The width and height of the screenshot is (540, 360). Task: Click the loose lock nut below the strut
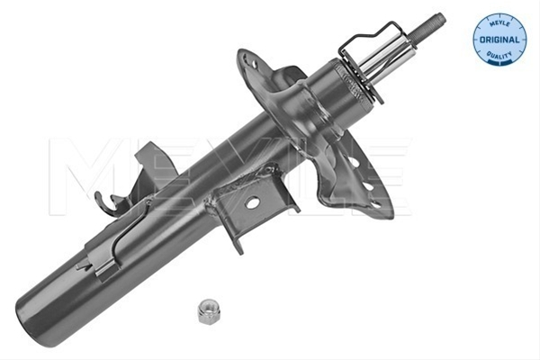[x=209, y=311]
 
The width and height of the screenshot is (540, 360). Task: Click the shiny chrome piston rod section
[x=386, y=59]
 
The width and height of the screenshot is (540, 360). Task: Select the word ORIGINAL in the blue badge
[x=499, y=40]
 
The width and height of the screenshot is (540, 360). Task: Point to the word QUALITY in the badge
[x=499, y=55]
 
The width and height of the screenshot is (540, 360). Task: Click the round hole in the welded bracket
[x=252, y=202]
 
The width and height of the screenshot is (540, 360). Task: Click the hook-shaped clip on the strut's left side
[x=107, y=204]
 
